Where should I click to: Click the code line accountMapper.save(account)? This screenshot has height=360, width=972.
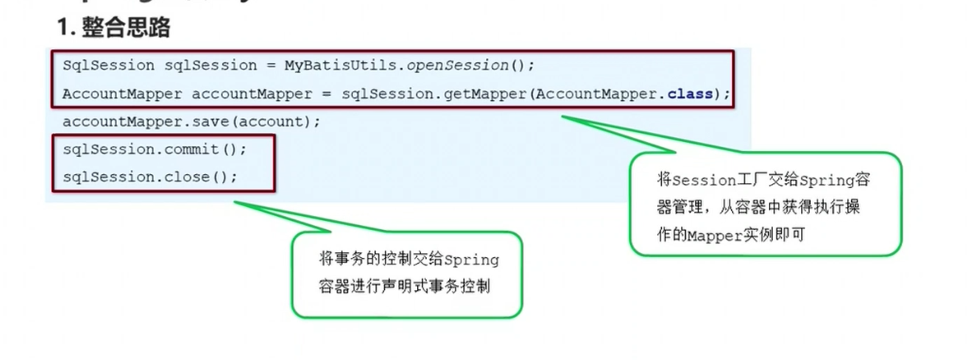coord(191,122)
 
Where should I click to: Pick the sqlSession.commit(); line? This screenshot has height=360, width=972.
coord(155,150)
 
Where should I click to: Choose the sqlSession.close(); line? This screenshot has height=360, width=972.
coord(150,176)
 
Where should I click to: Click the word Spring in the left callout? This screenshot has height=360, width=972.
coord(471,260)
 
